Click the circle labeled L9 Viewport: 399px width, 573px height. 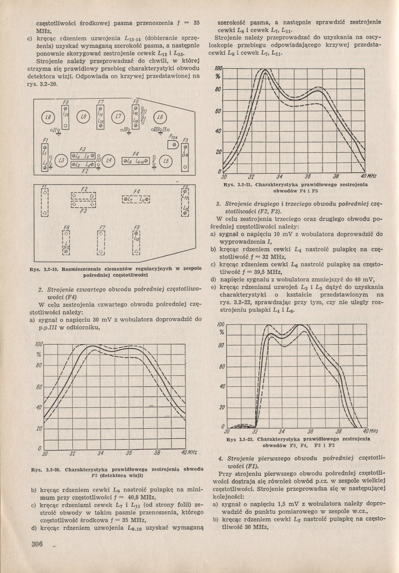[x=46, y=118]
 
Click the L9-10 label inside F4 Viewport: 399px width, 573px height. [x=140, y=161]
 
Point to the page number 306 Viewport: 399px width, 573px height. [x=36, y=544]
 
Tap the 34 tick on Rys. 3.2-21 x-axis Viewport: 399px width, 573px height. [x=279, y=177]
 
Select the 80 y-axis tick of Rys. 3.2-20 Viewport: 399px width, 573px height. [x=39, y=366]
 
